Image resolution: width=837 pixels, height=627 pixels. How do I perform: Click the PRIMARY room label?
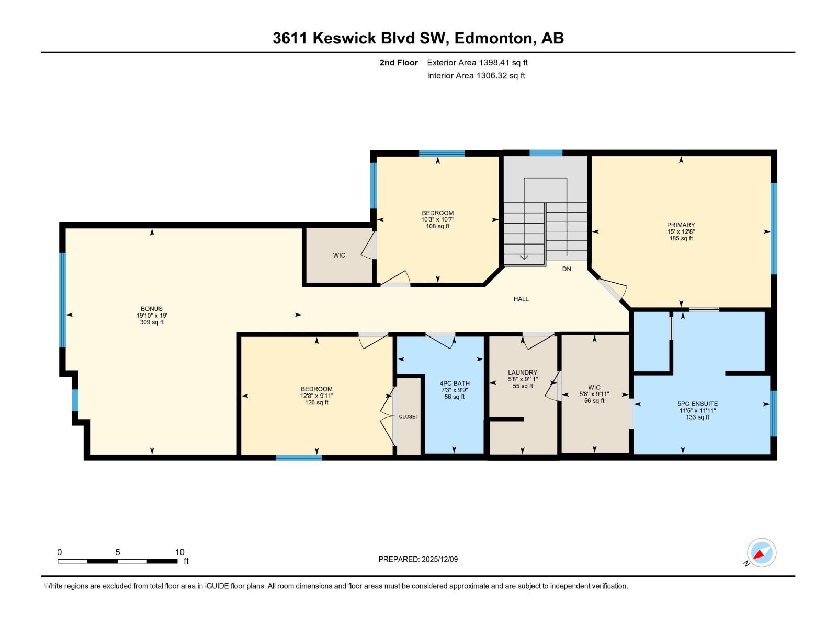tap(681, 225)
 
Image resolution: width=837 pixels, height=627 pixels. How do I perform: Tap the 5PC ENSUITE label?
tap(697, 404)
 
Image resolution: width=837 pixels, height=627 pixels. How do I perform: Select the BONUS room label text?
tap(151, 309)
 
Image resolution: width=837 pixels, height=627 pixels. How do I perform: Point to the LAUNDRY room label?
tap(523, 373)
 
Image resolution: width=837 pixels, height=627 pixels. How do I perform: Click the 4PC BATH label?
tap(455, 383)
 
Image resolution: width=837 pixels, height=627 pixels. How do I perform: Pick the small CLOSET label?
tap(409, 416)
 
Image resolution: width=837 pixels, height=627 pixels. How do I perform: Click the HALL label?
tap(521, 299)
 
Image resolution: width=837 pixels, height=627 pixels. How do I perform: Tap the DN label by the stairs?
tap(567, 269)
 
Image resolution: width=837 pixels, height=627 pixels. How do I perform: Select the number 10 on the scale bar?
tap(179, 552)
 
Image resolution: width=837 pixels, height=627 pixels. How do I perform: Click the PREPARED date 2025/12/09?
tap(439, 559)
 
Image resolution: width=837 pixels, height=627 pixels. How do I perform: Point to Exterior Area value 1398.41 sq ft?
tap(503, 63)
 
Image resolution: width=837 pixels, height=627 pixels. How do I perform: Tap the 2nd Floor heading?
tap(399, 63)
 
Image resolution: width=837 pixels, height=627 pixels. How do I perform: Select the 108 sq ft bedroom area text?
tap(438, 226)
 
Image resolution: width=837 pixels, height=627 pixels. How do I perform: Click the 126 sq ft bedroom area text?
tap(316, 402)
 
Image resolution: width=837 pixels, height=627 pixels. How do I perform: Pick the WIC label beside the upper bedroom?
tap(339, 256)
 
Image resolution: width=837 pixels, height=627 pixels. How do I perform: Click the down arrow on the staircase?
tap(524, 256)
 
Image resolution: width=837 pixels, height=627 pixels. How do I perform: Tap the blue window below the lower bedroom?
tap(299, 458)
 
